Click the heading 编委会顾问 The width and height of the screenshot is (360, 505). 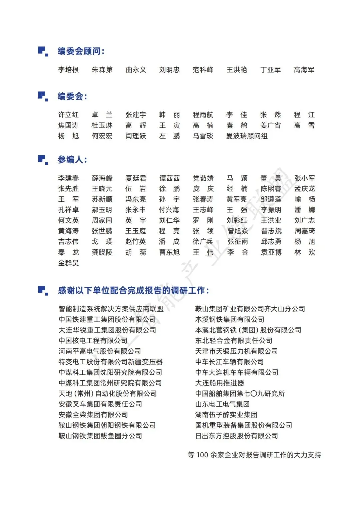pyautogui.click(x=81, y=51)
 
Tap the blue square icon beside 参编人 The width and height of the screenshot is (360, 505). pyautogui.click(x=43, y=159)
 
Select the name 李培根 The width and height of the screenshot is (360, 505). pyautogui.click(x=68, y=70)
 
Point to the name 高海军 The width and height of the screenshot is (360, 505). pyautogui.click(x=304, y=70)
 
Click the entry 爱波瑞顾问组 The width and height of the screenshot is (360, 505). pyautogui.click(x=247, y=136)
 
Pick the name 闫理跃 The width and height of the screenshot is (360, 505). pyautogui.click(x=136, y=136)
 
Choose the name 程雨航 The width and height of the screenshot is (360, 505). pyautogui.click(x=203, y=115)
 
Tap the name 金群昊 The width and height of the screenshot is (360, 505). pyautogui.click(x=68, y=263)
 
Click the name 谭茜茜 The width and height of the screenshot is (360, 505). pyautogui.click(x=169, y=178)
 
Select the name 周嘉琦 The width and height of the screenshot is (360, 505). pyautogui.click(x=305, y=231)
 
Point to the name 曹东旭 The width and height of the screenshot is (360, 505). pyautogui.click(x=169, y=252)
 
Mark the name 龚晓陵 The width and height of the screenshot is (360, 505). pyautogui.click(x=102, y=252)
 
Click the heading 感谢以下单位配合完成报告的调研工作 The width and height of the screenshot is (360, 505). pyautogui.click(x=133, y=290)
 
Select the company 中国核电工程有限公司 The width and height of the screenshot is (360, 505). pyautogui.click(x=93, y=341)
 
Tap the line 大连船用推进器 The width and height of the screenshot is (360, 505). pyautogui.click(x=220, y=383)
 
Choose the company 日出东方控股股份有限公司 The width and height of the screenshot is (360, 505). pyautogui.click(x=237, y=436)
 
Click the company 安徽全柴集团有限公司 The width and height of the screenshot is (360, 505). pyautogui.click(x=93, y=415)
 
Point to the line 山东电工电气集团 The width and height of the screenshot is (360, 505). pyautogui.click(x=222, y=404)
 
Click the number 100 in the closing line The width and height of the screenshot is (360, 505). pyautogui.click(x=202, y=455)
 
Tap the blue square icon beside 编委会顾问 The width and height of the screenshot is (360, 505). pyautogui.click(x=43, y=51)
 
